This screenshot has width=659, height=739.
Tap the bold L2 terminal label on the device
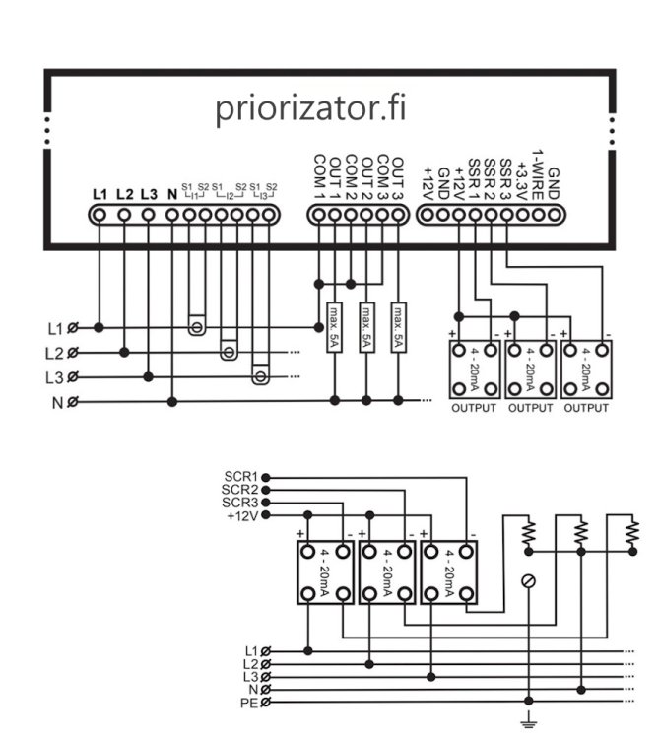(124, 193)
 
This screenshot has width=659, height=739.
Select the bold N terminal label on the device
(172, 193)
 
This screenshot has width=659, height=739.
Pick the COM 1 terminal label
(318, 175)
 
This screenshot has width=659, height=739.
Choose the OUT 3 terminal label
(398, 175)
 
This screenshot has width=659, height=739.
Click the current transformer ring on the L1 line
(197, 325)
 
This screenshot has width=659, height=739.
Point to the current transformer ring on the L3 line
(260, 374)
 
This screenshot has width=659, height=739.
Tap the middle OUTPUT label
(530, 408)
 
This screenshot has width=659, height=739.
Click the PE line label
(250, 702)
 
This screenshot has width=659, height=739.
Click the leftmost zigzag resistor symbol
(530, 533)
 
